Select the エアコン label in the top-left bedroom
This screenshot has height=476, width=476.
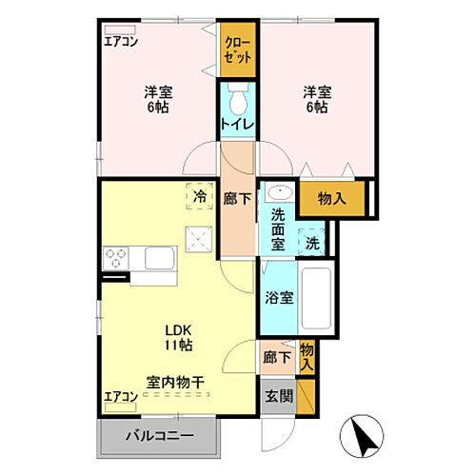tap(121, 41)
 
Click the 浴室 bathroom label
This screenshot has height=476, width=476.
tap(280, 296)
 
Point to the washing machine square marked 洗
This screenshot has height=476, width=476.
tap(313, 243)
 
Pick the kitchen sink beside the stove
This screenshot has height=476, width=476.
tap(157, 258)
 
